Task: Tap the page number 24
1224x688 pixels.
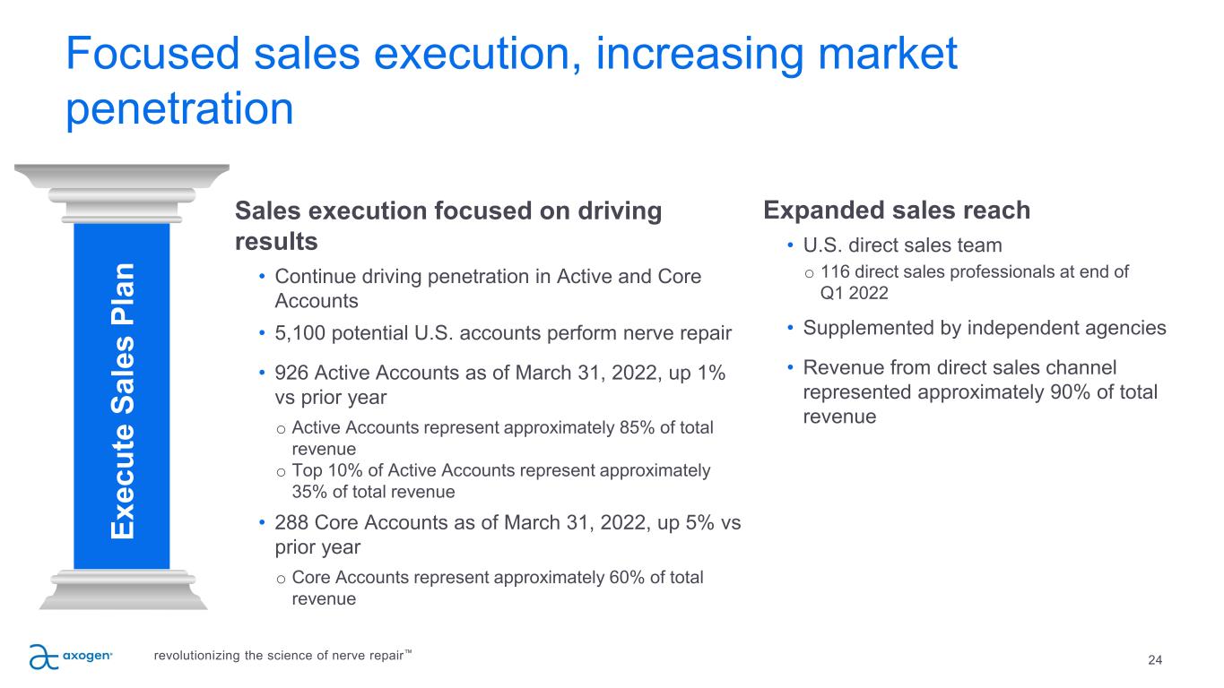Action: pyautogui.click(x=1155, y=660)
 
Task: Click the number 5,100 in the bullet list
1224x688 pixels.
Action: pyautogui.click(x=301, y=334)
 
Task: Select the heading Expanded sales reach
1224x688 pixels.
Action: pyautogui.click(x=896, y=211)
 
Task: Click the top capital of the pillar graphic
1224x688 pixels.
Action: pyautogui.click(x=122, y=176)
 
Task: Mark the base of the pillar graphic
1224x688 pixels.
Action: pyautogui.click(x=122, y=592)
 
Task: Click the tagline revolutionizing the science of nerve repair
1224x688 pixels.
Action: pyautogui.click(x=283, y=656)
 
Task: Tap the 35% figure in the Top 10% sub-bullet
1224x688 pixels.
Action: pyautogui.click(x=308, y=492)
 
